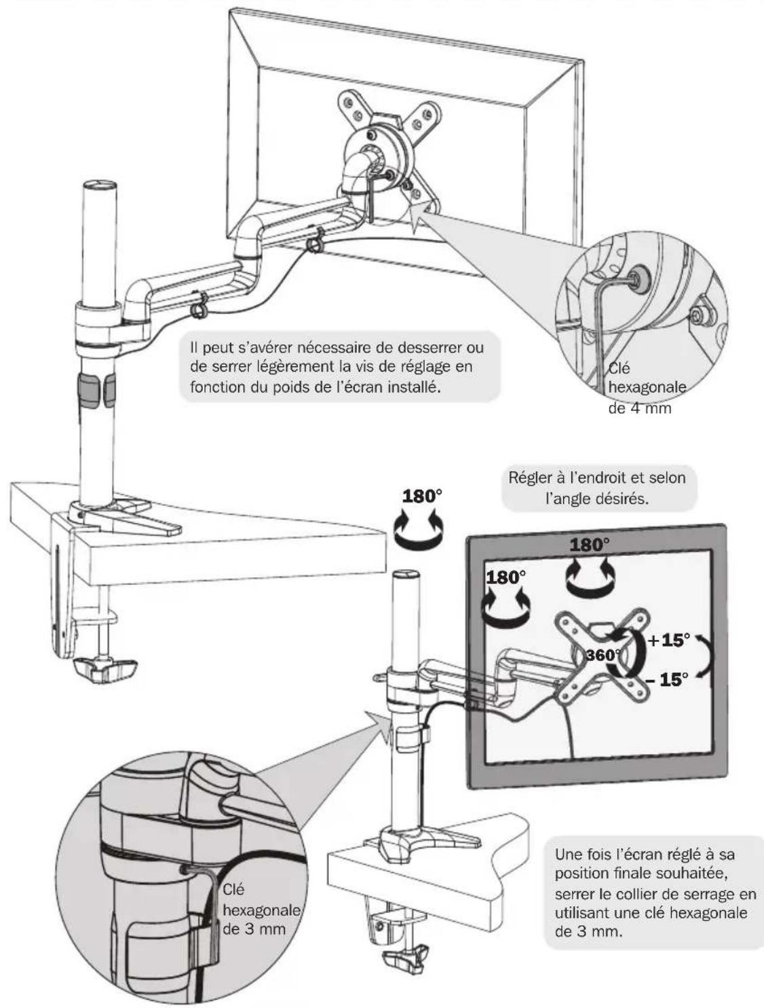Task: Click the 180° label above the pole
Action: [x=422, y=496]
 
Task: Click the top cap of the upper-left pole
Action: [x=99, y=185]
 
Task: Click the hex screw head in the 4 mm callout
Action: [x=636, y=277]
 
